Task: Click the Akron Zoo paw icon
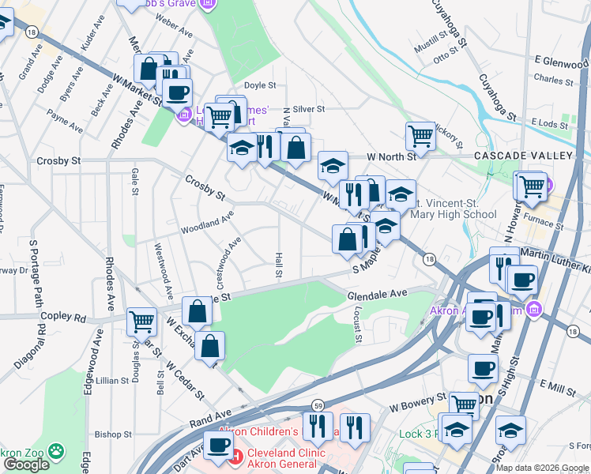[x=55, y=450]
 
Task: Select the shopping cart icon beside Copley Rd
[x=141, y=322]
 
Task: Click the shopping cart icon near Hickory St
[x=420, y=136]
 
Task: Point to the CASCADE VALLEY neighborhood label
[x=522, y=156]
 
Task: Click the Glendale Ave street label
[x=377, y=293]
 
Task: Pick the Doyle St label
[x=259, y=85]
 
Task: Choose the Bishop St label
[x=113, y=434]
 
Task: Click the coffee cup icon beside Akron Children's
[x=218, y=445]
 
